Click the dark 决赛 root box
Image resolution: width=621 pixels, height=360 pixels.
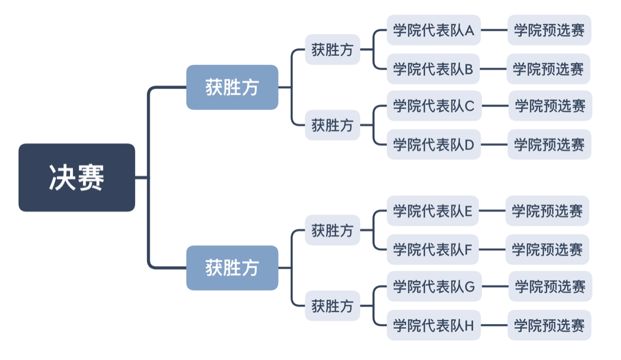(76, 178)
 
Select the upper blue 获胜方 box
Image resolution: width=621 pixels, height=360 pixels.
(232, 87)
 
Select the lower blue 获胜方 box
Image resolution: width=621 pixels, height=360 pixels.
(232, 268)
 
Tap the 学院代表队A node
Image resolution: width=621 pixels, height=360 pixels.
(434, 30)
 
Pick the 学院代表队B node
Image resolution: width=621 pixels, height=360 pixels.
(434, 69)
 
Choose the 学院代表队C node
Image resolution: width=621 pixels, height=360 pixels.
(434, 106)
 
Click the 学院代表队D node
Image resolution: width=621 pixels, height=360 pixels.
(434, 145)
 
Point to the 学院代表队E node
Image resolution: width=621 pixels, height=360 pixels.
(432, 211)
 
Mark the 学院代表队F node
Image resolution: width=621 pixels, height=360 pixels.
(432, 249)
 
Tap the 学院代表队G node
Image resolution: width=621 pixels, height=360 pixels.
(434, 287)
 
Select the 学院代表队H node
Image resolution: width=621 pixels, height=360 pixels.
(434, 325)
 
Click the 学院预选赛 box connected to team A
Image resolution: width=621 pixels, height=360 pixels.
(549, 30)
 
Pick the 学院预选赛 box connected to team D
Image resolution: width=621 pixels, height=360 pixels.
(549, 145)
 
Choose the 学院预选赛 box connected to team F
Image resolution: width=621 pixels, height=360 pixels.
(547, 249)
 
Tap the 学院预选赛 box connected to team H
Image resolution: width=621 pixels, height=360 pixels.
(549, 325)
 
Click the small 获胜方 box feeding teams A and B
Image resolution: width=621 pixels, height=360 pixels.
(332, 50)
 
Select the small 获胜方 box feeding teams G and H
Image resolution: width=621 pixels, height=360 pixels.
(332, 306)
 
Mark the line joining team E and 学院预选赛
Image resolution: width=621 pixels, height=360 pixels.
(492, 211)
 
